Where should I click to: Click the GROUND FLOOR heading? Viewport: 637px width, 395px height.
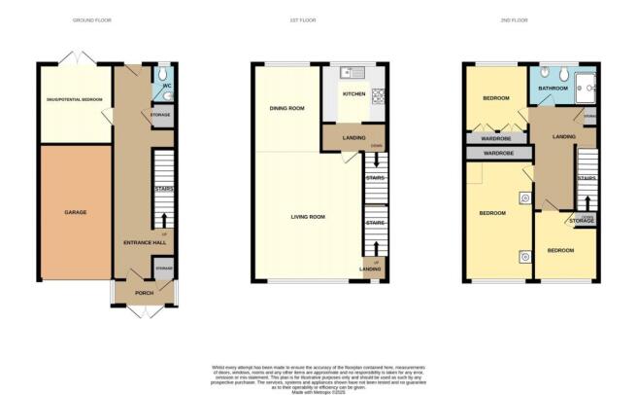coord(92,19)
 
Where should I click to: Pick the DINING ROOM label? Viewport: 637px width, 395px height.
coord(287,108)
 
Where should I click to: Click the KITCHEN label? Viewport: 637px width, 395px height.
coord(353,94)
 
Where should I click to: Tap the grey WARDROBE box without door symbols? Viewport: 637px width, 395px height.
coord(498,154)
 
